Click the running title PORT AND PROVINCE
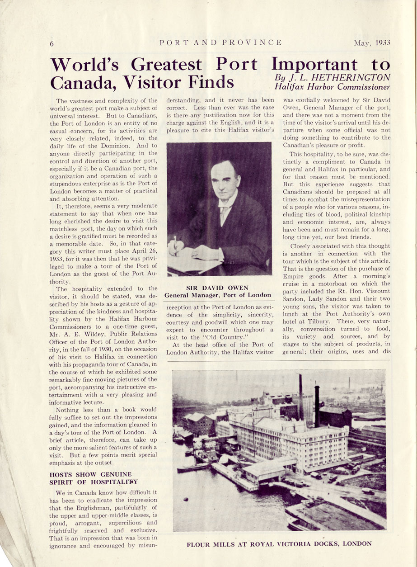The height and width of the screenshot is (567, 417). (x=221, y=43)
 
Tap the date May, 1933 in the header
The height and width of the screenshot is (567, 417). (x=372, y=43)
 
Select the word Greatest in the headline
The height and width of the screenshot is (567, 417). (x=167, y=65)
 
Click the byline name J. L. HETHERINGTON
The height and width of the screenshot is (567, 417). (x=340, y=77)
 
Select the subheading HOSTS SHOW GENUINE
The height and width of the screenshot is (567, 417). (x=90, y=474)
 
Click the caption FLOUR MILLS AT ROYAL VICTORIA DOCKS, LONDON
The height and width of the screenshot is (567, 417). (x=279, y=544)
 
